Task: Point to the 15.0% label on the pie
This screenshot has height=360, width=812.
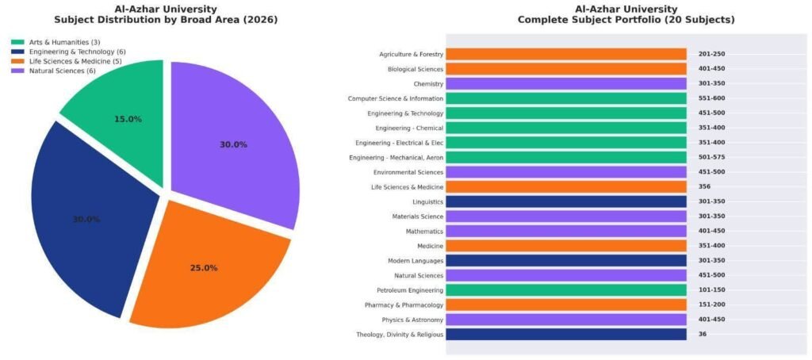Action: point(128,119)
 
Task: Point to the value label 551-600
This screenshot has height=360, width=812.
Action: point(711,98)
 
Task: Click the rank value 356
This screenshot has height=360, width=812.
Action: point(703,187)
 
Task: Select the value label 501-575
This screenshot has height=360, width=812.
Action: point(711,157)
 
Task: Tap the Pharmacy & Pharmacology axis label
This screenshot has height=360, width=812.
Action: point(404,305)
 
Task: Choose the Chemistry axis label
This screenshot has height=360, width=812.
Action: point(428,83)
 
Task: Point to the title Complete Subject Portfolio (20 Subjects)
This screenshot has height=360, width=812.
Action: point(626,19)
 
